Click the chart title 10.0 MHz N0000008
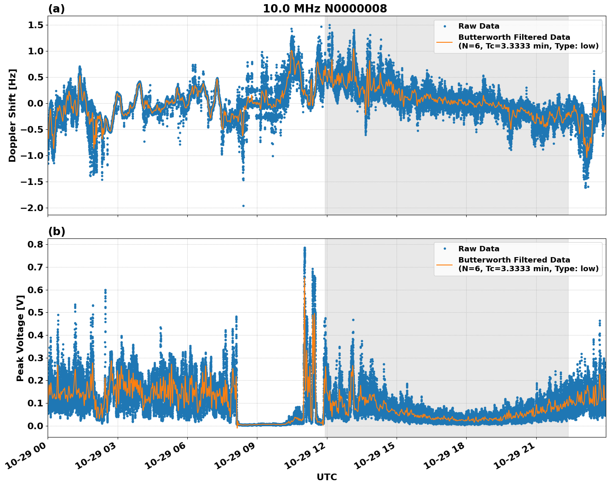point(325,9)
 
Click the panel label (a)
point(56,9)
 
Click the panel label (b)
point(56,231)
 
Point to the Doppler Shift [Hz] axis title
point(12,115)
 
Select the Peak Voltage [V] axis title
point(20,338)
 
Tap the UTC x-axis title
point(327,477)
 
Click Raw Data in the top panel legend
point(479,26)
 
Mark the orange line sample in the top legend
point(445,41)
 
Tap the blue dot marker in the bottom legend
point(445,249)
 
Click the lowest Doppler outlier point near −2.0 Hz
point(243,206)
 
